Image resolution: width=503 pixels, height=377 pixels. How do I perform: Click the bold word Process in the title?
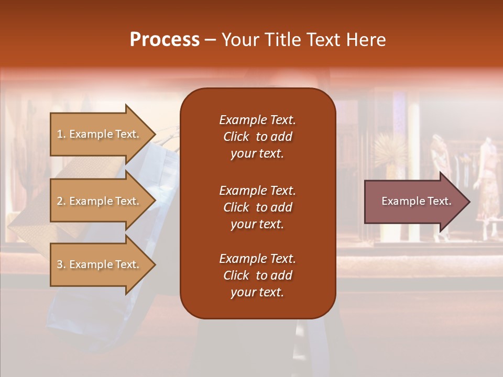coord(165,40)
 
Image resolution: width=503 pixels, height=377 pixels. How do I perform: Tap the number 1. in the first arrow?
coord(61,134)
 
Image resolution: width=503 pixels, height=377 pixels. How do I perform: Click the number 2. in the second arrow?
coord(61,201)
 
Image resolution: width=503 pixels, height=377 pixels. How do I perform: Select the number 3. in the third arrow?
coord(61,264)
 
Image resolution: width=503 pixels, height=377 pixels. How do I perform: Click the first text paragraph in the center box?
coord(257,137)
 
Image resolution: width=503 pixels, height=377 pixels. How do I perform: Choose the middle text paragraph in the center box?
coord(257,207)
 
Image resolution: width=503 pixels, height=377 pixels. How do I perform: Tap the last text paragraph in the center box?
coord(257,275)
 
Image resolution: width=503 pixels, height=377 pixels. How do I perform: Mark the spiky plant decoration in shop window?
coord(389,149)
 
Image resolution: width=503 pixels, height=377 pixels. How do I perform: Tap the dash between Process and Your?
coord(210,40)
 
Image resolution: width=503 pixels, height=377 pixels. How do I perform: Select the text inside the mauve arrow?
coord(416,201)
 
